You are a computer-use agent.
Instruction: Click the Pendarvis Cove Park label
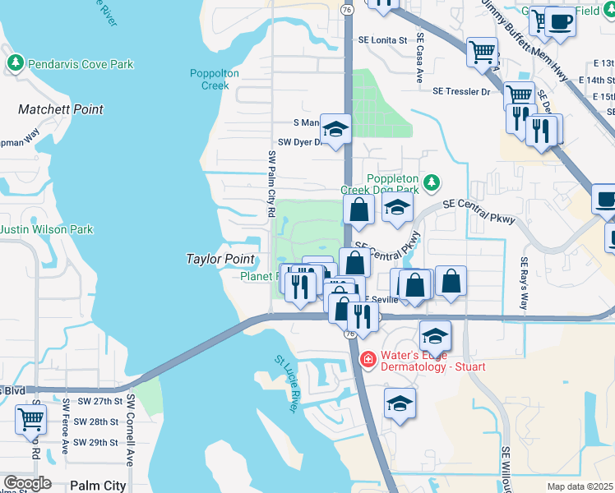[x=80, y=63]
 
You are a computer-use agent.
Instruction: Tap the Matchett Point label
[x=61, y=109]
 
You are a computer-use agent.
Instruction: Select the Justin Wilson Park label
[x=47, y=230]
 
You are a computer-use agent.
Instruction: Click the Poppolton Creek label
[x=215, y=79]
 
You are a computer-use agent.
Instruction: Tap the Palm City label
[x=99, y=486]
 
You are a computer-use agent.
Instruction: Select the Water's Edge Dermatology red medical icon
[x=368, y=359]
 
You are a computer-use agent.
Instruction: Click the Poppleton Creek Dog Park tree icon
[x=432, y=181]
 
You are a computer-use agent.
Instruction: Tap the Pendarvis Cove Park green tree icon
[x=15, y=63]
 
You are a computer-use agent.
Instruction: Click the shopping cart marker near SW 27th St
[x=30, y=417]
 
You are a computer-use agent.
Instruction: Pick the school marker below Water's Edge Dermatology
[x=400, y=403]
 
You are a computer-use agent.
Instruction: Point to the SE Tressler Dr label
[x=463, y=91]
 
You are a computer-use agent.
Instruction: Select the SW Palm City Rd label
[x=271, y=184]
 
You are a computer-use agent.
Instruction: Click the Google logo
[x=27, y=483]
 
